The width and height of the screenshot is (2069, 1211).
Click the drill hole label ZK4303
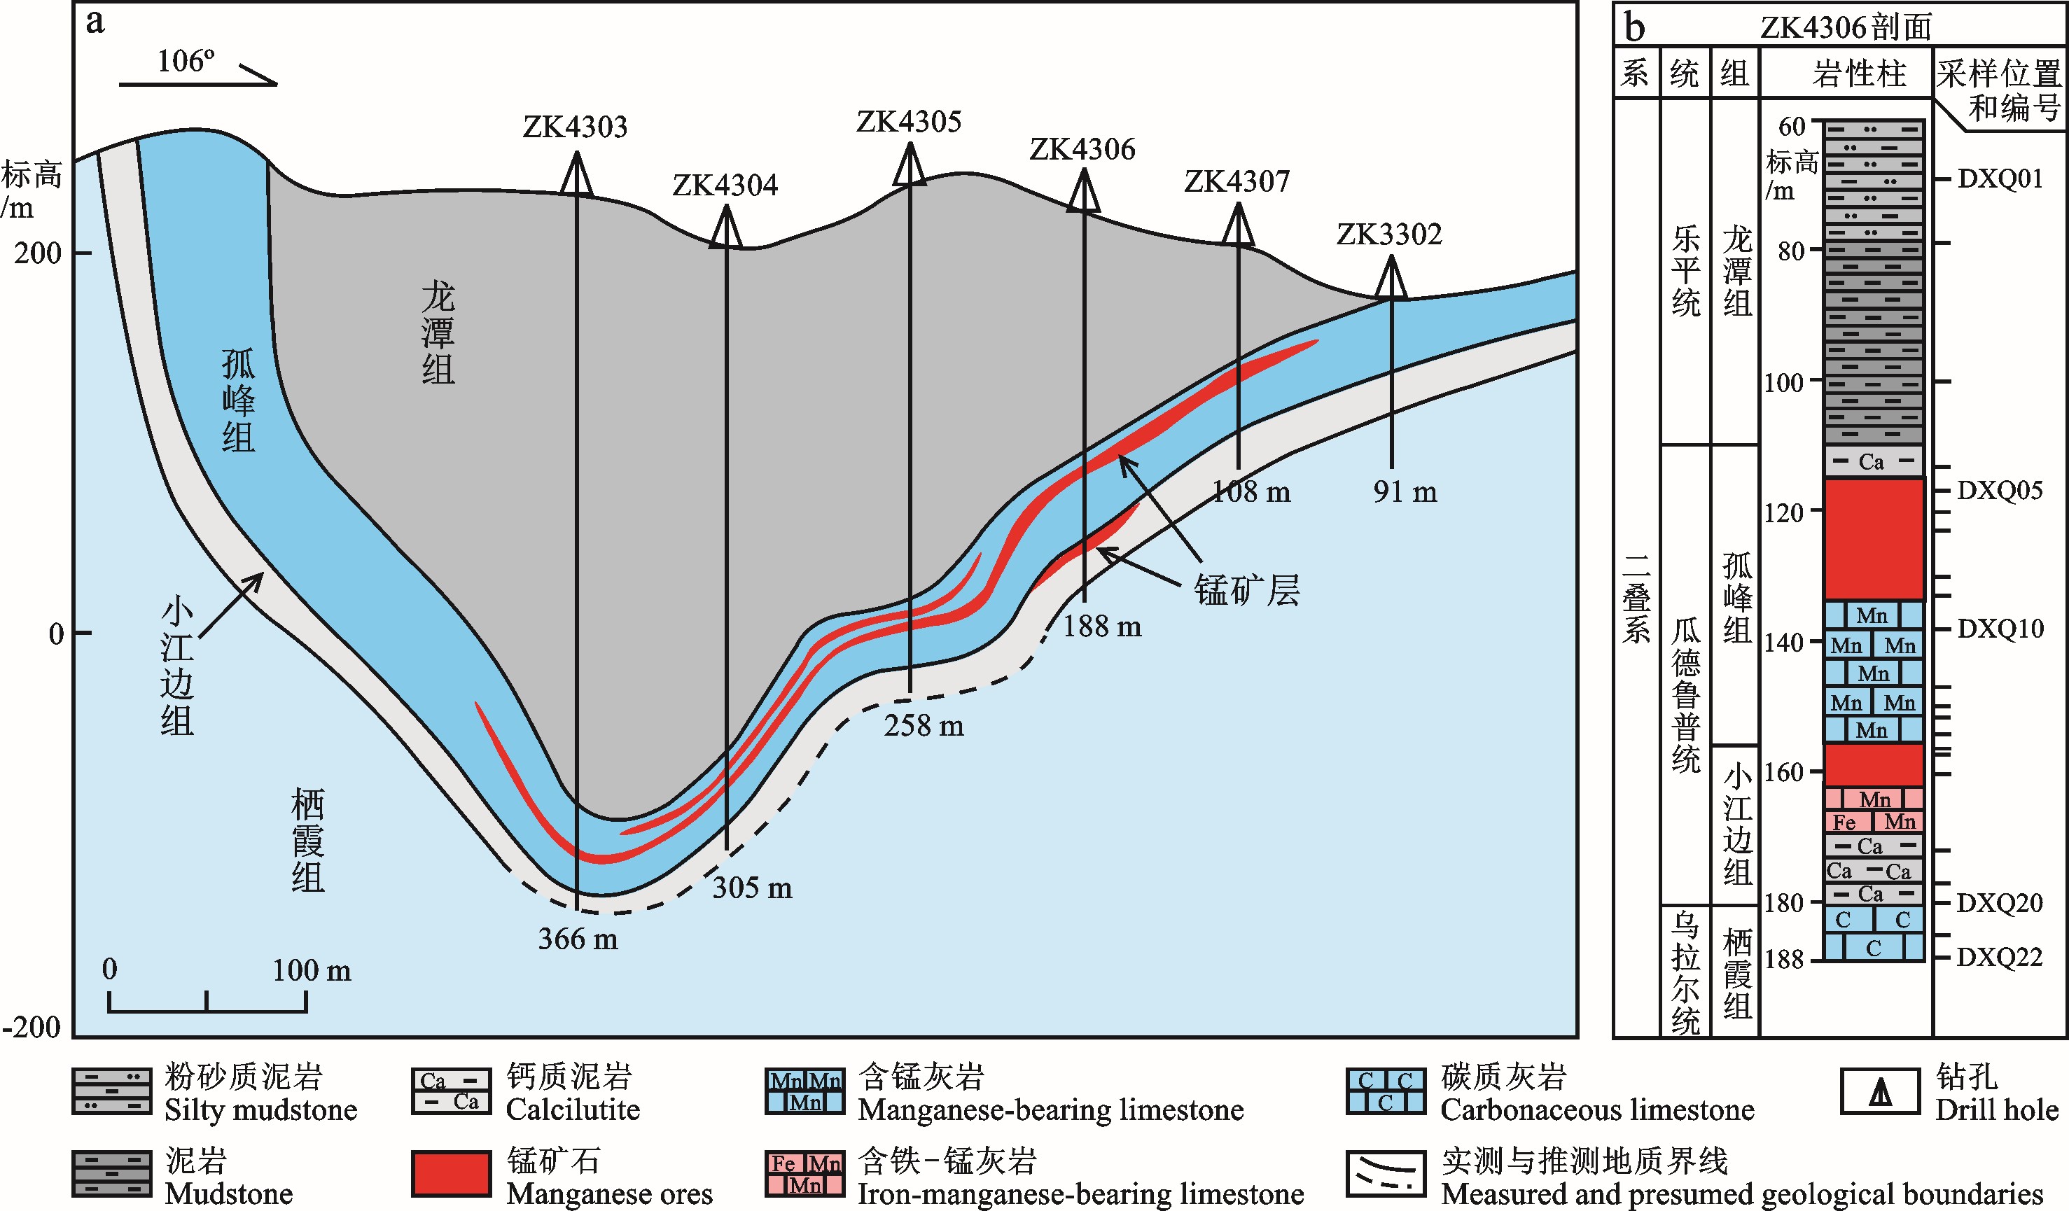point(575,127)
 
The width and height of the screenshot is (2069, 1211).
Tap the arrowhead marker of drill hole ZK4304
point(726,227)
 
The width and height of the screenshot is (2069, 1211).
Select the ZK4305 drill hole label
point(909,122)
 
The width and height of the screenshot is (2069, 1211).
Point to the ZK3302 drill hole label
point(1389,234)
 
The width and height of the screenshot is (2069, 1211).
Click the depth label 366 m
point(578,939)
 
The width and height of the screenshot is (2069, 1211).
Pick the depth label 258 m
point(924,726)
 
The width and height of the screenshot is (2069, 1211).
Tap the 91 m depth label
point(1405,492)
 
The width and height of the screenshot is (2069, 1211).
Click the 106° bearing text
point(186,61)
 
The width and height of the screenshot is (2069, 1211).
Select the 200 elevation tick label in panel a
point(38,253)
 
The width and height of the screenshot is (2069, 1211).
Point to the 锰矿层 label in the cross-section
point(1246,590)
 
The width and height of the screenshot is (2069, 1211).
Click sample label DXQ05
point(1999,491)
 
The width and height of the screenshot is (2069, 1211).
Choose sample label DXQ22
point(1999,958)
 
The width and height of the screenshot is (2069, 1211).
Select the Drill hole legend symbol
point(1881,1091)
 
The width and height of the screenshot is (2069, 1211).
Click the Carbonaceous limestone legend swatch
point(1386,1091)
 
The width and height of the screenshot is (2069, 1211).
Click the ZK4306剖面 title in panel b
point(1845,27)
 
